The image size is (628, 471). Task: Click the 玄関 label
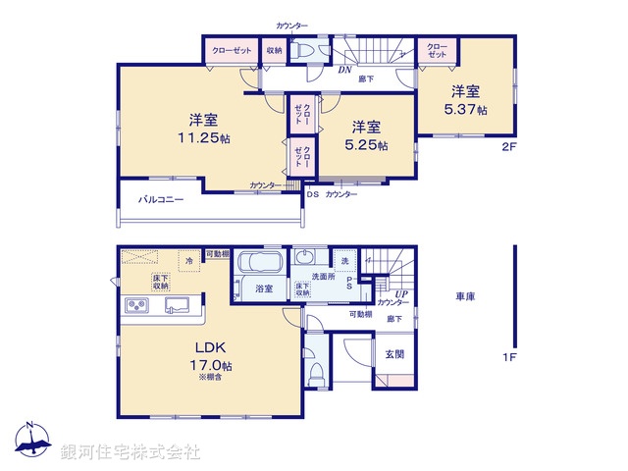coord(394,353)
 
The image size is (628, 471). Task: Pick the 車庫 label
coord(466,296)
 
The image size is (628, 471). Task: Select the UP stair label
coord(401,293)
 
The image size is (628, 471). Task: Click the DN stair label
coord(345,70)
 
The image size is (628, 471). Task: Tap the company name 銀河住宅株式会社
coord(131,452)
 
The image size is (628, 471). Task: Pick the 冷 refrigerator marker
coord(189,261)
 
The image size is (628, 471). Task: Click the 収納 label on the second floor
coord(274,50)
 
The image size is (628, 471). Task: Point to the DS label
coord(312,194)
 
